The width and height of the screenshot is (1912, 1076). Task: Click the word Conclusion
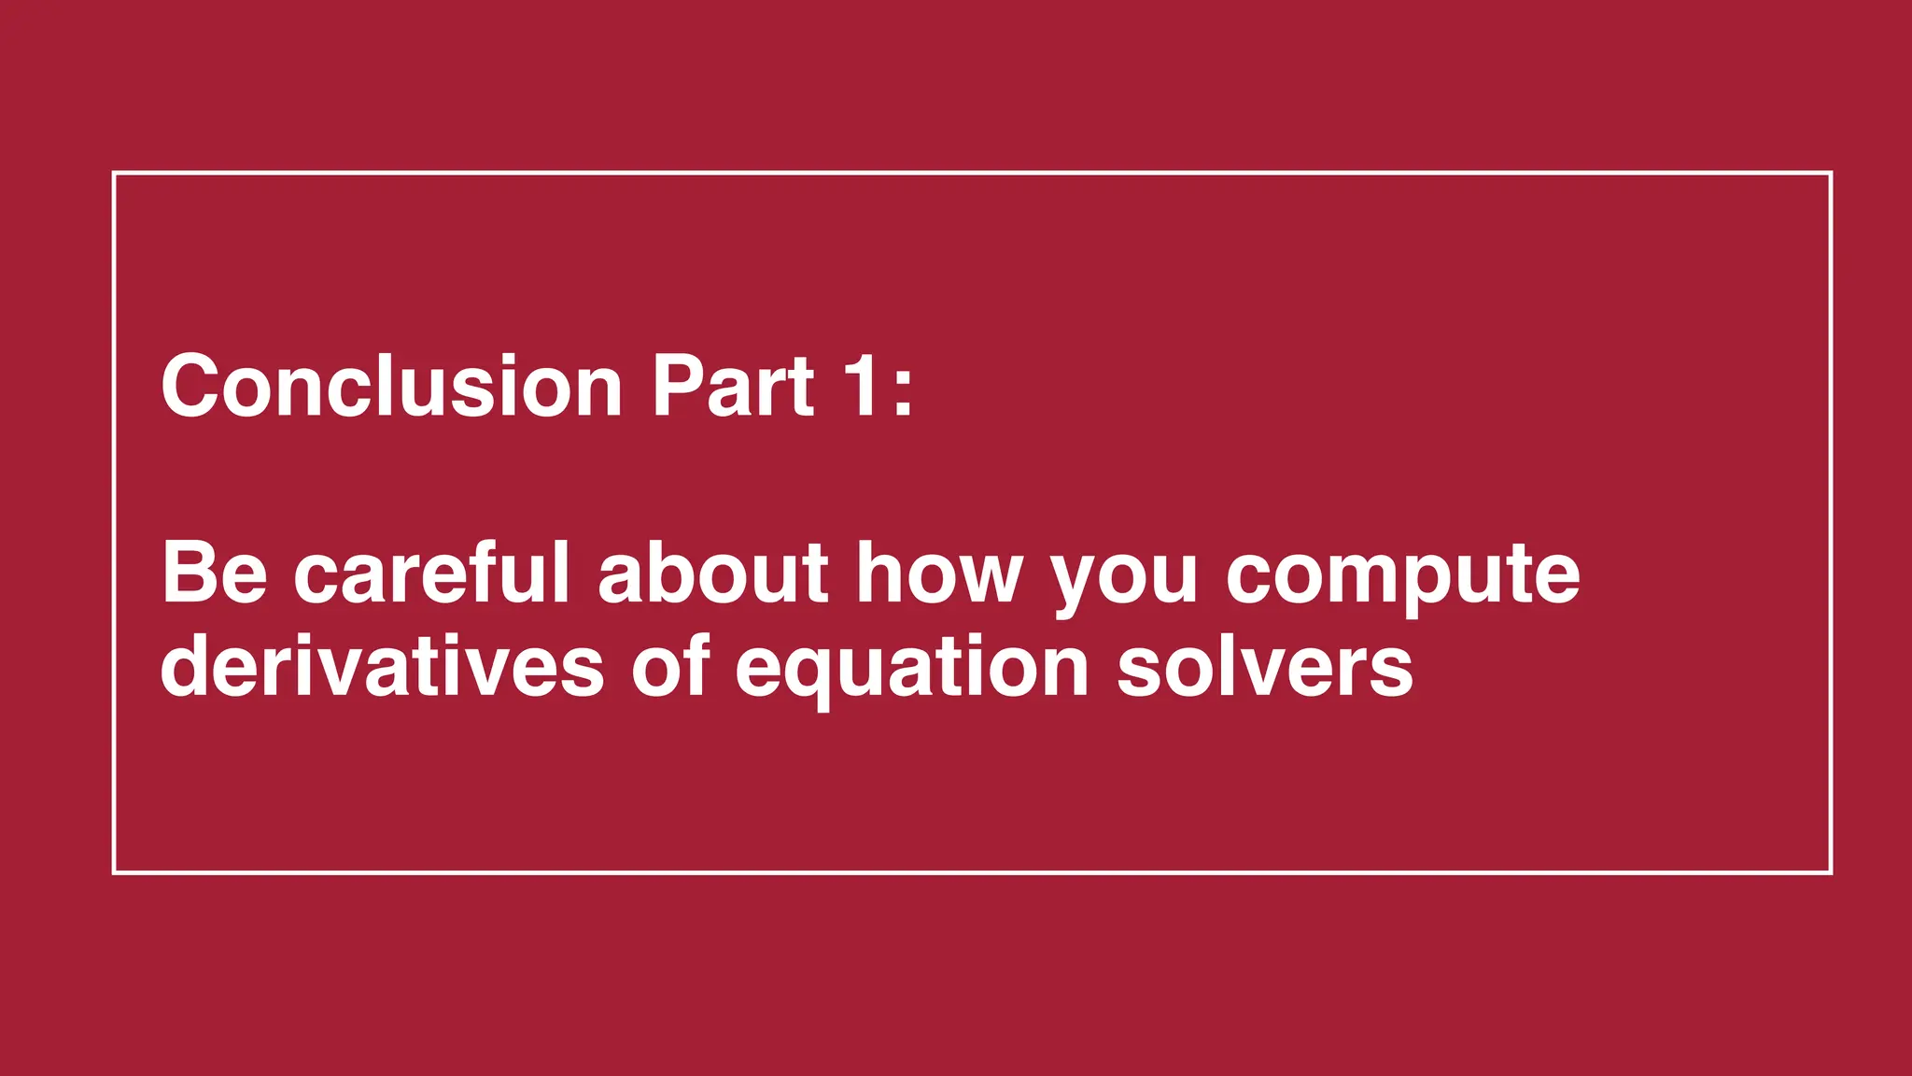tap(391, 386)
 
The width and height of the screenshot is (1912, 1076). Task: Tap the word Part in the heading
tap(733, 386)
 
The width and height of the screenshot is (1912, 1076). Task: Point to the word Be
tap(215, 573)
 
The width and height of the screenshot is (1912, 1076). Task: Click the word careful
tap(431, 573)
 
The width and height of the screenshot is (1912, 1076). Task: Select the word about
tap(713, 573)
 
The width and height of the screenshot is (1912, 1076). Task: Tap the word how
tap(939, 573)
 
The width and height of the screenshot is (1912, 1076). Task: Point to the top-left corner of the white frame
tap(114, 174)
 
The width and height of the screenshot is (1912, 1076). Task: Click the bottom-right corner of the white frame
tap(1831, 872)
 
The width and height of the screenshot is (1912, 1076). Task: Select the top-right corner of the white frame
tap(1831, 174)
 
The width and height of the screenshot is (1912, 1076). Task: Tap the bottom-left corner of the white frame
tap(114, 872)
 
